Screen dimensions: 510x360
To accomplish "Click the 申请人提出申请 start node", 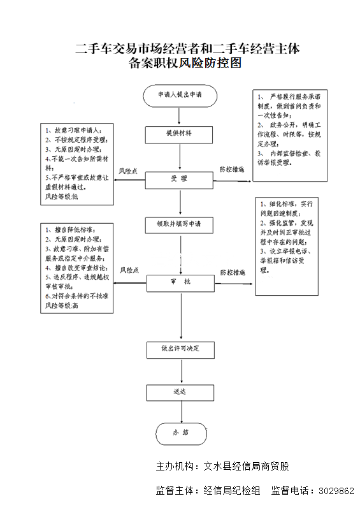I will click(180, 95).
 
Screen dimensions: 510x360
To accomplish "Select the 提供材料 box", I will click(180, 134).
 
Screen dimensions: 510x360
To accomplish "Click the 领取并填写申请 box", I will click(180, 224).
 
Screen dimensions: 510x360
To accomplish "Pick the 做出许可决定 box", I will click(180, 349).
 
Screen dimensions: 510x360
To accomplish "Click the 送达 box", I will click(180, 392).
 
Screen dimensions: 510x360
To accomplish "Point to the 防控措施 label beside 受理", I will click(233, 170).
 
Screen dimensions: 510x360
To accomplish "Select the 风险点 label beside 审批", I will click(129, 270).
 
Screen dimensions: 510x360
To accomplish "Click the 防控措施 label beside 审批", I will click(233, 272).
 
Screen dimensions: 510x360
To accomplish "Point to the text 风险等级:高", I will click(61, 306).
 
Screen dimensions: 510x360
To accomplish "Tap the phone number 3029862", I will click(336, 491).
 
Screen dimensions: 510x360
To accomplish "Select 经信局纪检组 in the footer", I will click(232, 491).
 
